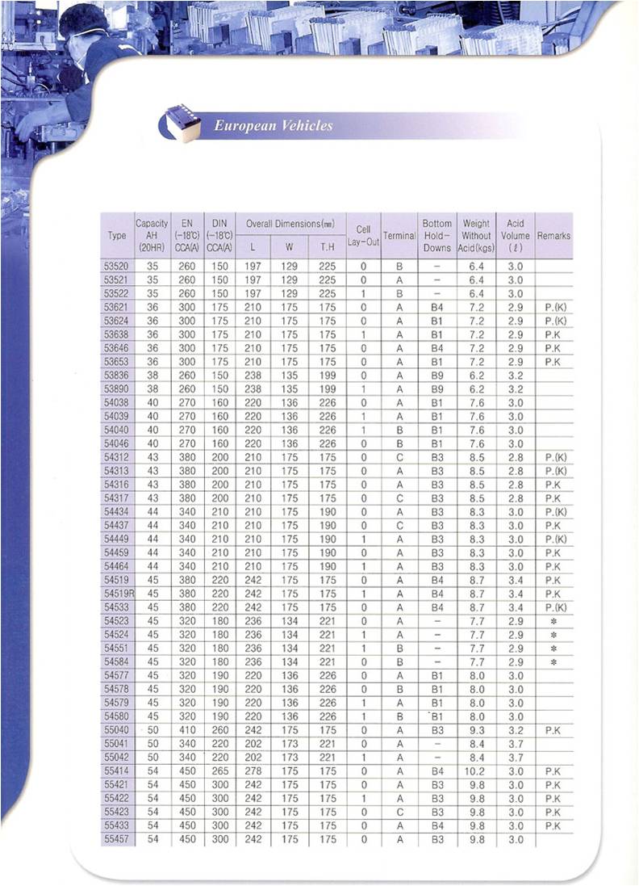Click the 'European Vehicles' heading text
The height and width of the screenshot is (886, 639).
click(x=273, y=125)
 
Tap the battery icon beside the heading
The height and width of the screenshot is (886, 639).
click(x=179, y=124)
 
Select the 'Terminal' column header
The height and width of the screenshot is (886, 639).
click(x=399, y=236)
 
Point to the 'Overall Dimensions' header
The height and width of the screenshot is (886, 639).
click(x=290, y=223)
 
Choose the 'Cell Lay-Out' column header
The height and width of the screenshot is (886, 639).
click(x=363, y=236)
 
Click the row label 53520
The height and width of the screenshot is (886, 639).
click(x=116, y=266)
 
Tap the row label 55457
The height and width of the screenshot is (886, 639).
click(x=116, y=840)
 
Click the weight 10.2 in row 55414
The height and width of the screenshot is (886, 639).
click(x=476, y=771)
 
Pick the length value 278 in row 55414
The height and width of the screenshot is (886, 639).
click(x=255, y=771)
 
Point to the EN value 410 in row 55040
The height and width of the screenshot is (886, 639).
click(x=187, y=730)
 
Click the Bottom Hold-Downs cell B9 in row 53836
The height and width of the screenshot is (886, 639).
click(x=437, y=375)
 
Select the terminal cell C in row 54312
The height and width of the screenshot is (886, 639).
click(x=399, y=457)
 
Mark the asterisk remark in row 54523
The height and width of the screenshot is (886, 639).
click(x=553, y=621)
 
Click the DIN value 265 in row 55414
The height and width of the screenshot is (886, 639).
click(x=219, y=771)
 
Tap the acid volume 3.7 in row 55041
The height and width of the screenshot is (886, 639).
click(x=516, y=744)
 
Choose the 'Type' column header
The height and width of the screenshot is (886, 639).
click(x=116, y=236)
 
